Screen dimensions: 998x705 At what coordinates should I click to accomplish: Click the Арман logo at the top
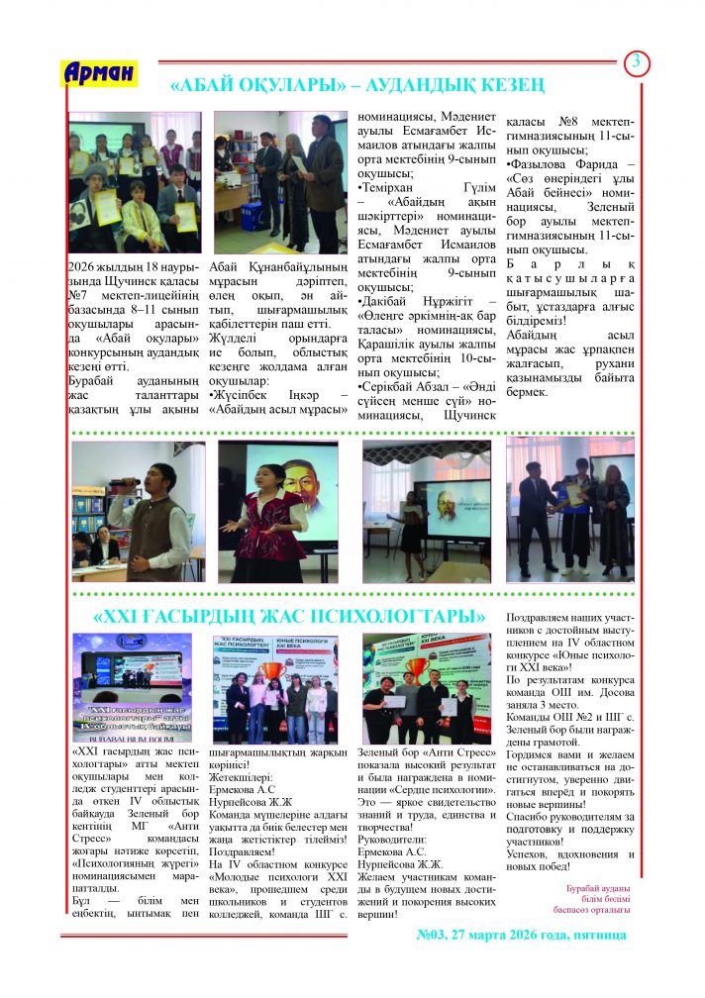(98, 73)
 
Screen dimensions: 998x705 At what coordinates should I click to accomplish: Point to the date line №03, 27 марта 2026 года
(523, 934)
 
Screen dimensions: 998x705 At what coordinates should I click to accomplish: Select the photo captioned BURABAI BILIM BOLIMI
(132, 687)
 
